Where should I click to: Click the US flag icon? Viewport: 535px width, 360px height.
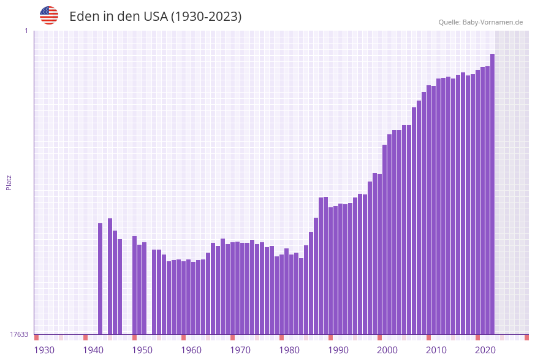coord(49,15)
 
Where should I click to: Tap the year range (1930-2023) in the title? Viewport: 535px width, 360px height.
coord(206,17)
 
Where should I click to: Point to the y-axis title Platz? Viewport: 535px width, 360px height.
coord(9,182)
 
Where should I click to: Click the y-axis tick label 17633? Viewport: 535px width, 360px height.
coord(19,334)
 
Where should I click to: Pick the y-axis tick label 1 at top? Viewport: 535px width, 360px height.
coord(26,31)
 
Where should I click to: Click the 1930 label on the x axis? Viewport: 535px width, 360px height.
coord(44,350)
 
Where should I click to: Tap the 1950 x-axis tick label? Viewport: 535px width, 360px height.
coord(142,350)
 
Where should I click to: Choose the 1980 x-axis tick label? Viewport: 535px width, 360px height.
coord(289,350)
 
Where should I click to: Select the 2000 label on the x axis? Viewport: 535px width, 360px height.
coord(387,350)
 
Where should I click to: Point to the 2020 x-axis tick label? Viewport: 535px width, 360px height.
coord(485,350)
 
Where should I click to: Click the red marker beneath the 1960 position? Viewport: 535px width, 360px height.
coord(183,337)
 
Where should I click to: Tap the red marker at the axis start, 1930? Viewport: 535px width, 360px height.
coord(37,337)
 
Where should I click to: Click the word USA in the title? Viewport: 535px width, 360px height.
coord(156,17)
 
